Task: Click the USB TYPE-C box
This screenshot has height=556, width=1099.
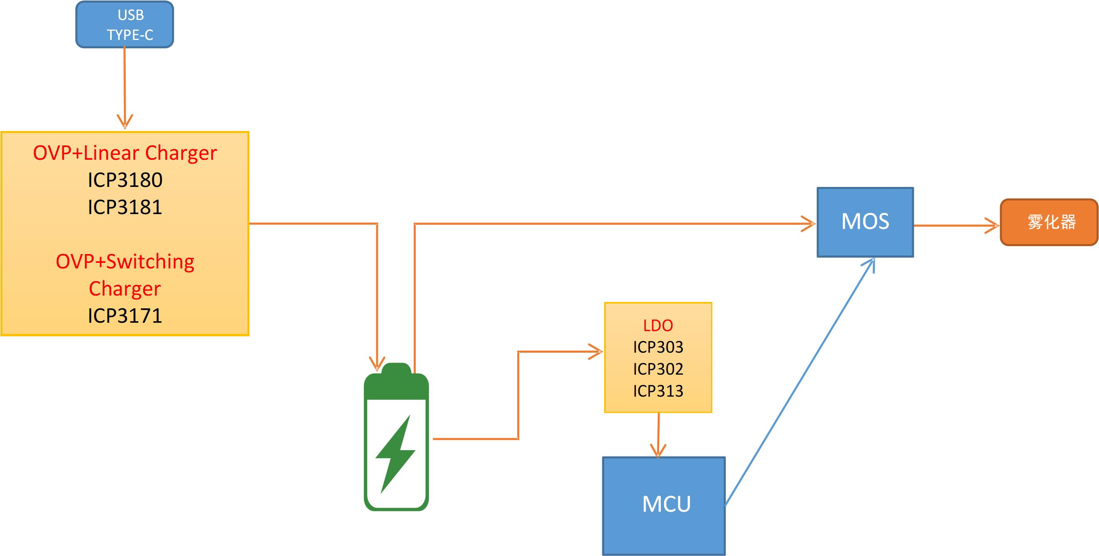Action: tap(125, 25)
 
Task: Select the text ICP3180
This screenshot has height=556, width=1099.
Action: tap(125, 180)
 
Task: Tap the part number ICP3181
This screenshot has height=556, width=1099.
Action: tap(125, 207)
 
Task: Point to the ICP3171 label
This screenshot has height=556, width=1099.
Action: tap(125, 316)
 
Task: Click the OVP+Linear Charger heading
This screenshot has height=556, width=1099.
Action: tap(125, 153)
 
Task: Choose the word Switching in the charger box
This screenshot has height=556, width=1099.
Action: tap(150, 262)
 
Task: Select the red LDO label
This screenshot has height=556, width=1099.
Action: tap(658, 326)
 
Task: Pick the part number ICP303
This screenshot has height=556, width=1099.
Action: tap(658, 347)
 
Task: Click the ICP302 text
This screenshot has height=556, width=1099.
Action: tap(658, 369)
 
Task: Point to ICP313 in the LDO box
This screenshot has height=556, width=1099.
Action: tap(658, 391)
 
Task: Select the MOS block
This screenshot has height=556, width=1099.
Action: tap(865, 222)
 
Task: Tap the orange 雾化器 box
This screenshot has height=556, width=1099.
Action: tap(1049, 222)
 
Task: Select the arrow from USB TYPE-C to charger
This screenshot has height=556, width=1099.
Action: tap(125, 85)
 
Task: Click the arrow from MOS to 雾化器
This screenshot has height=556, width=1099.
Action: tap(956, 225)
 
